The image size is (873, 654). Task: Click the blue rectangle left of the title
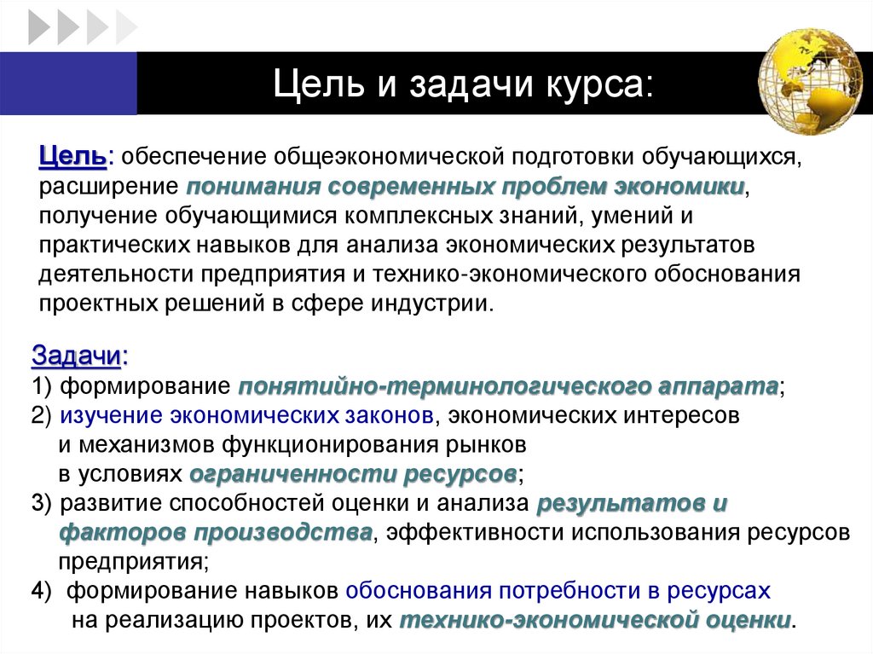(x=68, y=83)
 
